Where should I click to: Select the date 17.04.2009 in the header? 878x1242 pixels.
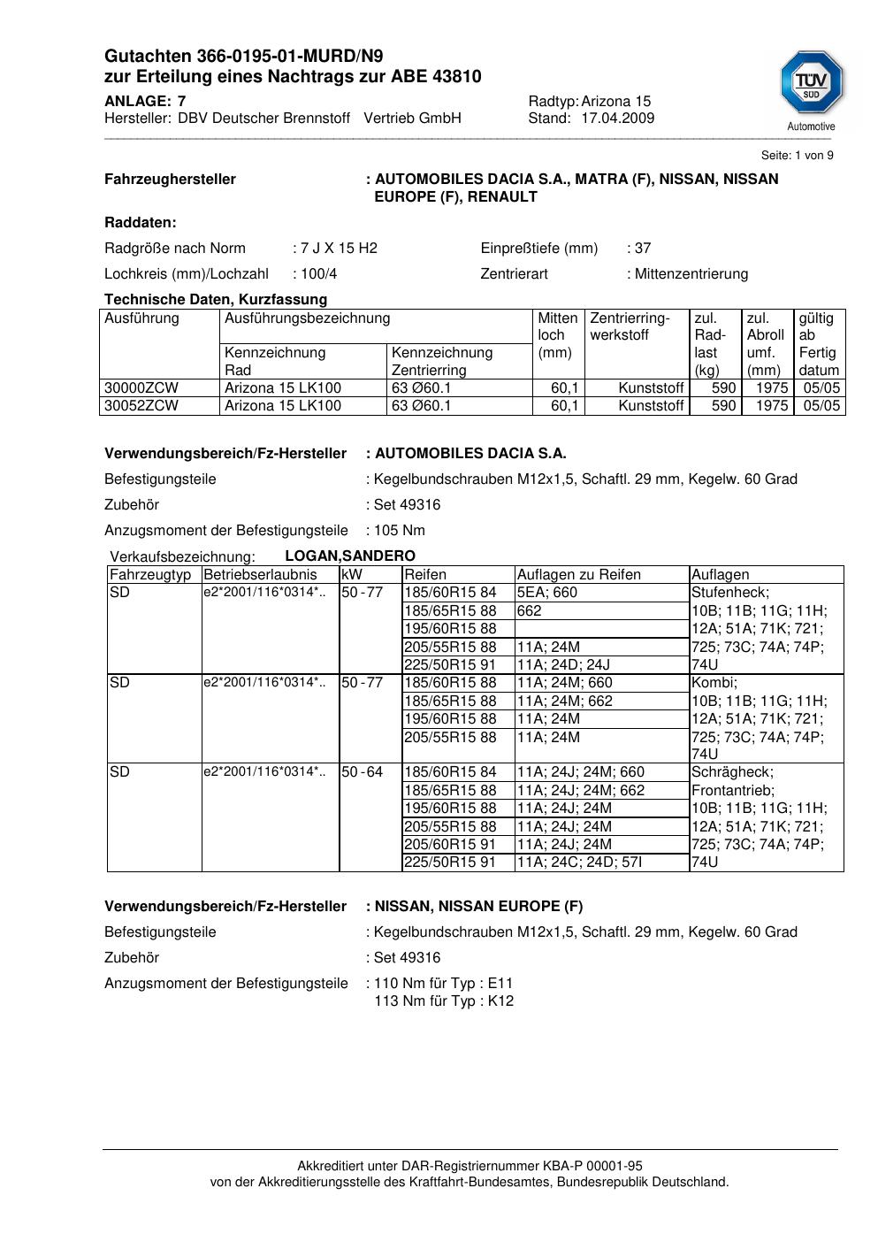coord(617,119)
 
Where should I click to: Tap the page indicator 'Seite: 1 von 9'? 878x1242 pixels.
coord(797,156)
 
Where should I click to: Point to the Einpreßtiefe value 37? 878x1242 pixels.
coord(642,249)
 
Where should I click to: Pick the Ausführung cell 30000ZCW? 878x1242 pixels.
coord(141,388)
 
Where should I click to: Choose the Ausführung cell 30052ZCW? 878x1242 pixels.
coord(141,406)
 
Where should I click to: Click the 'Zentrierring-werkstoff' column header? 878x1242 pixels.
coord(630,326)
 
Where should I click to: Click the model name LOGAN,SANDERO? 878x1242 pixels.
coord(350,556)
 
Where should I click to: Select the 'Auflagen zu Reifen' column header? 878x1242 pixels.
coord(578,575)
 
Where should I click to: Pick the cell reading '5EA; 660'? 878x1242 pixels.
coord(547,593)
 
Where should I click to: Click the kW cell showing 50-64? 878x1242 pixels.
coord(363,772)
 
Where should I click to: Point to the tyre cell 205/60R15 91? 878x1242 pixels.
coord(450,844)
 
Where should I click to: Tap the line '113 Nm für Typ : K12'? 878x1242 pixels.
coord(444,1001)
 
